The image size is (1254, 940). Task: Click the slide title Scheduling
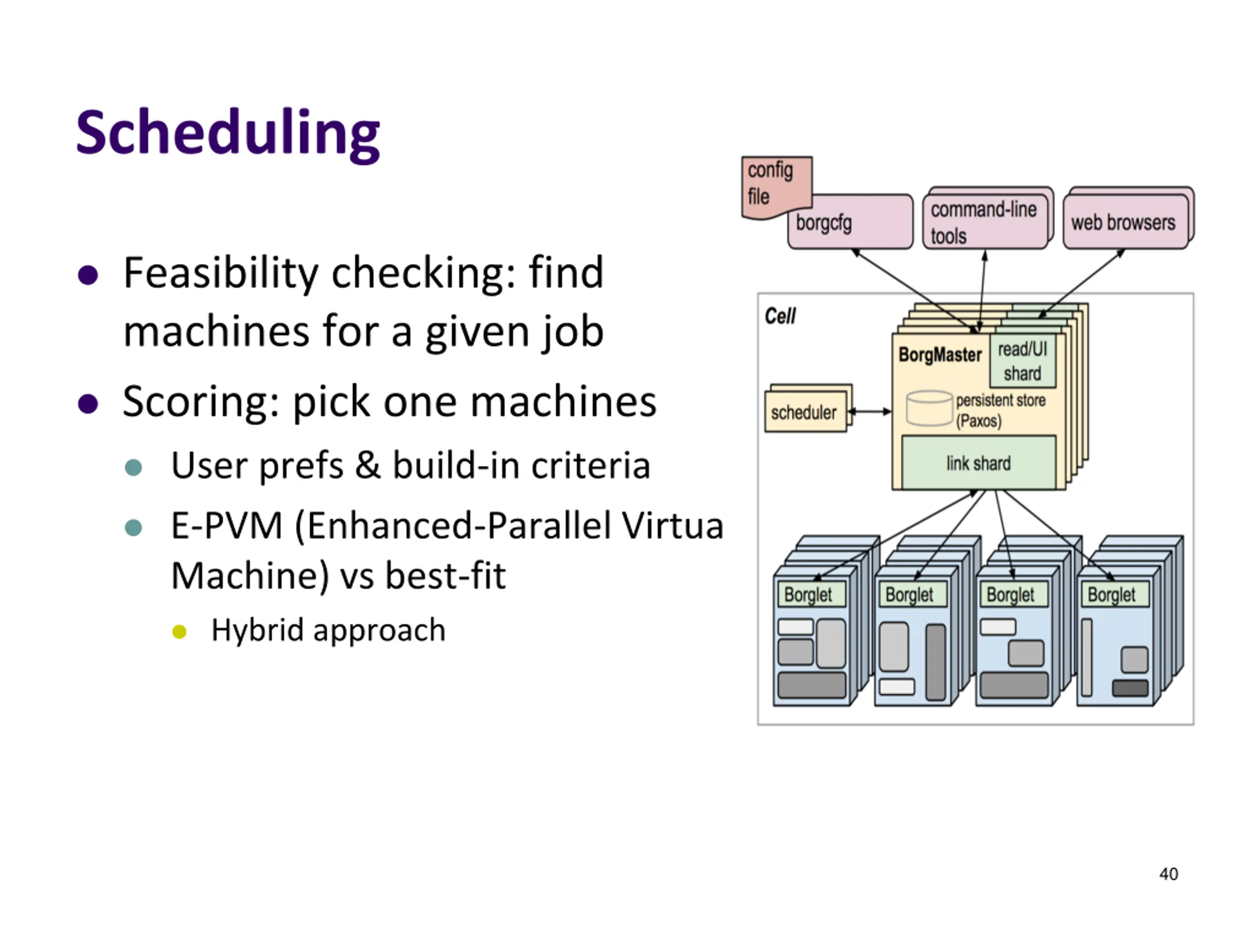[x=228, y=134]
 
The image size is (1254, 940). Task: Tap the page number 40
[x=1168, y=874]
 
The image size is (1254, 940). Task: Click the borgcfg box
[x=850, y=222]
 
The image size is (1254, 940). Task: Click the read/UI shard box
[x=1023, y=361]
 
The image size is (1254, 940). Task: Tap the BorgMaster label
[x=940, y=354]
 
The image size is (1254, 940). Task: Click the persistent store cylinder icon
[x=929, y=408]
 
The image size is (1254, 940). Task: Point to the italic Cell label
[x=780, y=316]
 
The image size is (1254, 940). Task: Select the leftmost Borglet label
[x=808, y=595]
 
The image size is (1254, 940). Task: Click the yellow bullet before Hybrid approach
[x=179, y=632]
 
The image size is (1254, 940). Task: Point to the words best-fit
[x=446, y=576]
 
